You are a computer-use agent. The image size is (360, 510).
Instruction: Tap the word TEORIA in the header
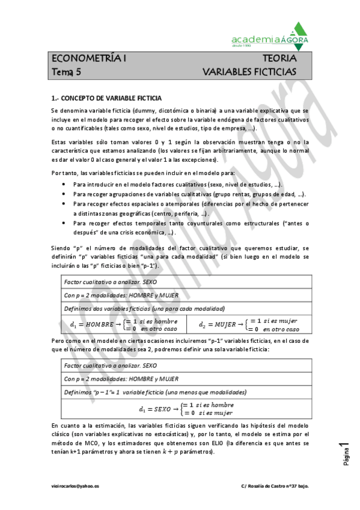point(279,59)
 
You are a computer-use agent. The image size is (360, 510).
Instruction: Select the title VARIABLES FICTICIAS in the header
point(249,72)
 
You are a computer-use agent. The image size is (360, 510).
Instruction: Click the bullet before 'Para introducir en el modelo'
point(64,184)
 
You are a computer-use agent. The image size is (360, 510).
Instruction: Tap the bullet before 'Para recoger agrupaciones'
point(64,194)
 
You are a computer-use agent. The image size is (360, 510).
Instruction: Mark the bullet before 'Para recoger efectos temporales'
point(64,223)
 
